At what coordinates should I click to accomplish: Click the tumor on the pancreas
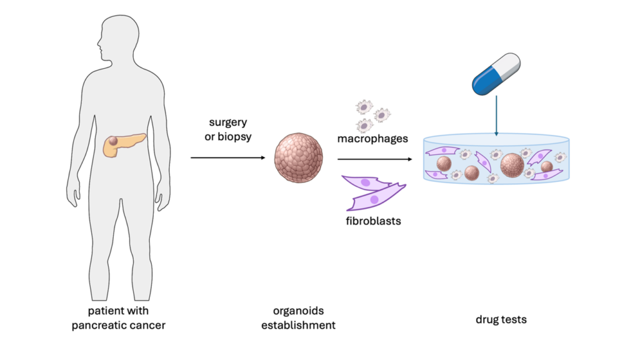point(111,143)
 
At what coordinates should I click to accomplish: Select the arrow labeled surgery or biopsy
point(227,157)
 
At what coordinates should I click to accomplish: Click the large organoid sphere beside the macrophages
point(299,159)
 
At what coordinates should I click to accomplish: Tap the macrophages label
point(372,138)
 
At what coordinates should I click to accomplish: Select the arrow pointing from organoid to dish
point(376,159)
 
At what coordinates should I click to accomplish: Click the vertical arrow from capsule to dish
point(496,116)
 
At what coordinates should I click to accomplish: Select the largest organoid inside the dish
point(512,165)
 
